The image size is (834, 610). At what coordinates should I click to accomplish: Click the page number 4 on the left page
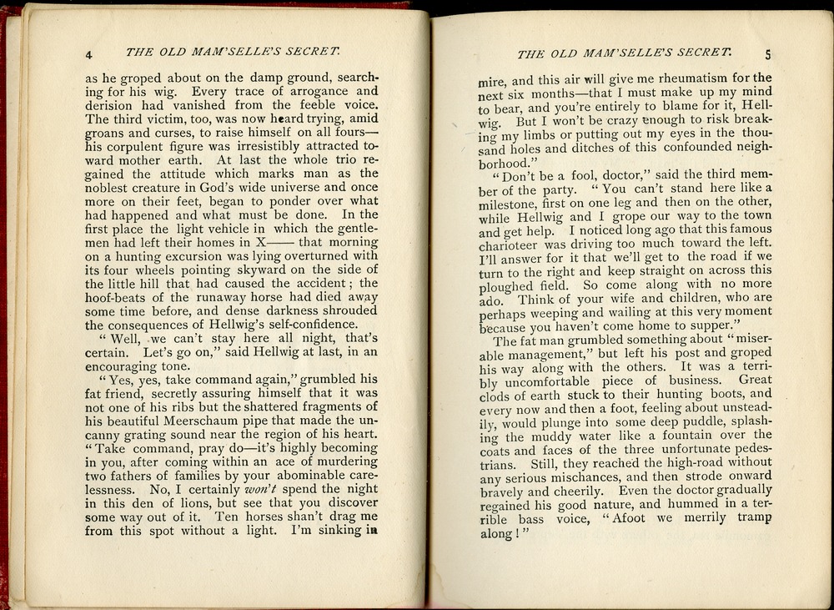pyautogui.click(x=89, y=56)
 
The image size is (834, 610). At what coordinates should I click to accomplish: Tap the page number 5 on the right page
pyautogui.click(x=768, y=56)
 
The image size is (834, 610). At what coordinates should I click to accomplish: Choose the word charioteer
pyautogui.click(x=514, y=244)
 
